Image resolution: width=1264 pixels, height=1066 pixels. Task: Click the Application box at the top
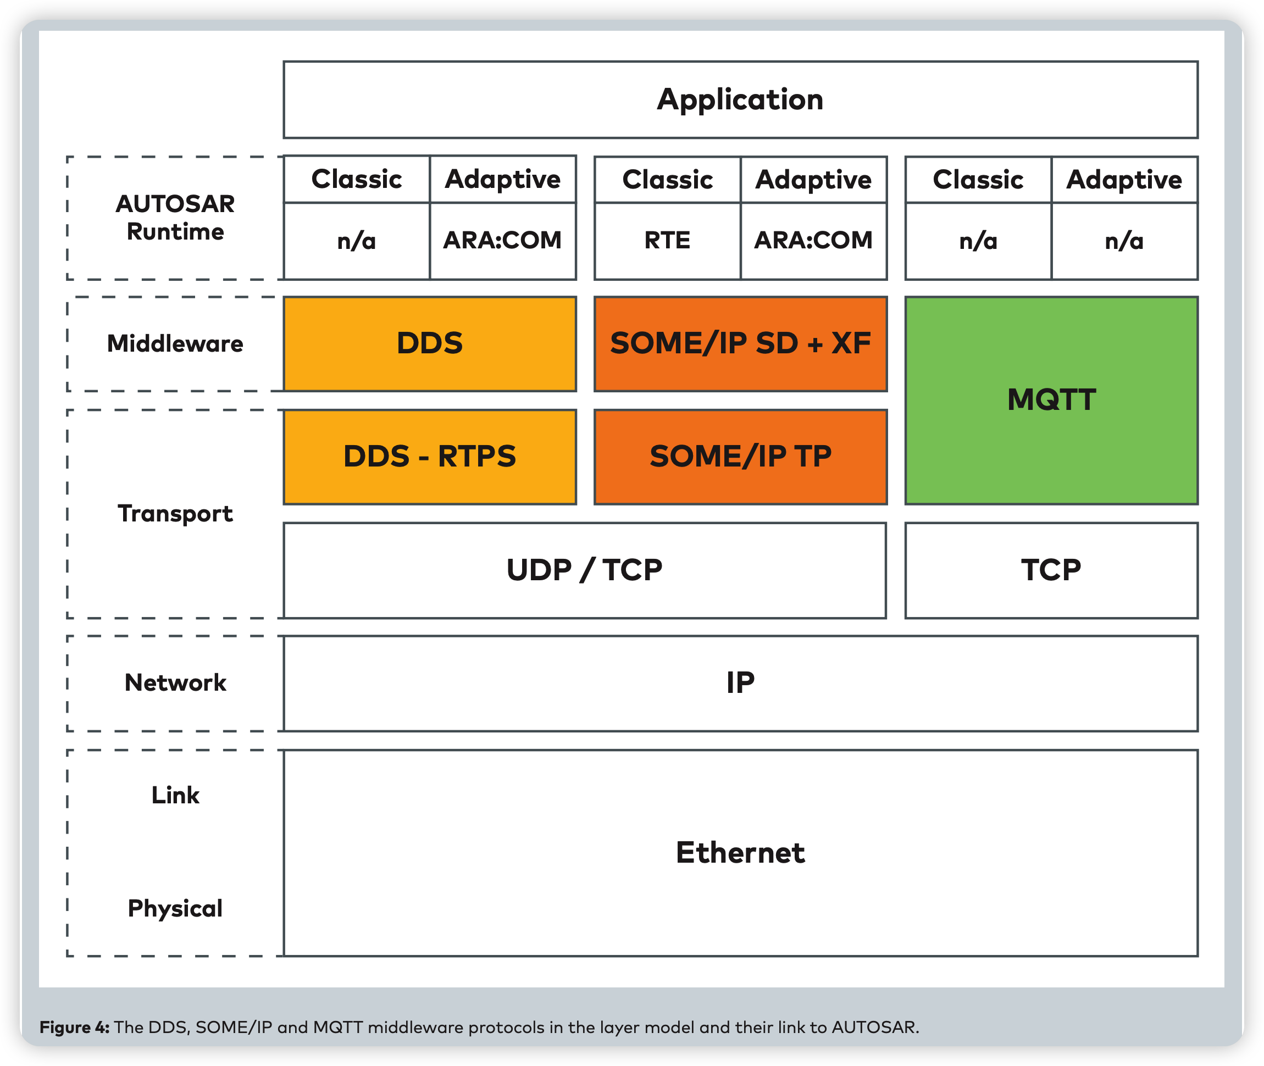pyautogui.click(x=740, y=99)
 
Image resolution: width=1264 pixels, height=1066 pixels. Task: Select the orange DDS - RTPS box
pyautogui.click(x=429, y=457)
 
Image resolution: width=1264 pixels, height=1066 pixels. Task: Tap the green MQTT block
pyautogui.click(x=1051, y=400)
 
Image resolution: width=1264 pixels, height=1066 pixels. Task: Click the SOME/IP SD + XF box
pyautogui.click(x=740, y=344)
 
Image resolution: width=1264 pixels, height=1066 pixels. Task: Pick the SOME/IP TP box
pyautogui.click(x=740, y=457)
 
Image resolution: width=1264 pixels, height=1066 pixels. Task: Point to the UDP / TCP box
pyautogui.click(x=584, y=570)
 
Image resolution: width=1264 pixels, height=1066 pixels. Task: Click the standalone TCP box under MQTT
pyautogui.click(x=1051, y=570)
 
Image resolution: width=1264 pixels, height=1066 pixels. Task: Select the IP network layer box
pyautogui.click(x=740, y=684)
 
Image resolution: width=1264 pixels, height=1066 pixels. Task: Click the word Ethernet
pyautogui.click(x=740, y=853)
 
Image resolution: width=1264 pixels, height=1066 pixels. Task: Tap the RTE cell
pyautogui.click(x=667, y=241)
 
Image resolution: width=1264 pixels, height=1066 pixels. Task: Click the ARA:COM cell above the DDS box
pyautogui.click(x=502, y=241)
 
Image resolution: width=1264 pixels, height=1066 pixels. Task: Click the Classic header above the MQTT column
pyautogui.click(x=978, y=180)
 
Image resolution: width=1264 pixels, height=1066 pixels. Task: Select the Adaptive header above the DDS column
pyautogui.click(x=502, y=180)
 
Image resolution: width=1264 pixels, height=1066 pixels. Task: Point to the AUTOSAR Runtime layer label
pyautogui.click(x=175, y=218)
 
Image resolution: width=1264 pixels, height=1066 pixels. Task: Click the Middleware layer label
pyautogui.click(x=175, y=344)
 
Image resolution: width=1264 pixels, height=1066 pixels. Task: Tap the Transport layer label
pyautogui.click(x=175, y=514)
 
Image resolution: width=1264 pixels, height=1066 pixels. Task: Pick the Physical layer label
pyautogui.click(x=175, y=908)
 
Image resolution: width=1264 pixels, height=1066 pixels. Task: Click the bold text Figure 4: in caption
pyautogui.click(x=74, y=1028)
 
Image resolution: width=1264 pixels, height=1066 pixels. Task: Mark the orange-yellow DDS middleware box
pyautogui.click(x=429, y=344)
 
